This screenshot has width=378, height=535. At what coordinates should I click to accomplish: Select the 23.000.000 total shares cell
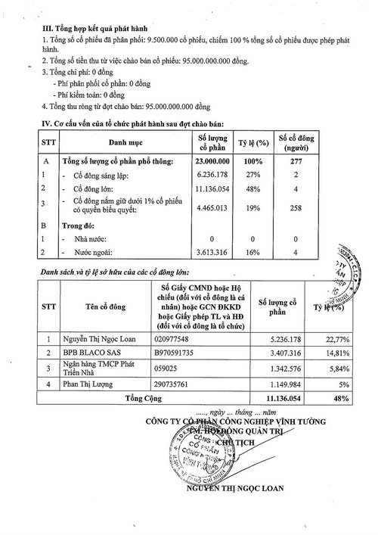[212, 160]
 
